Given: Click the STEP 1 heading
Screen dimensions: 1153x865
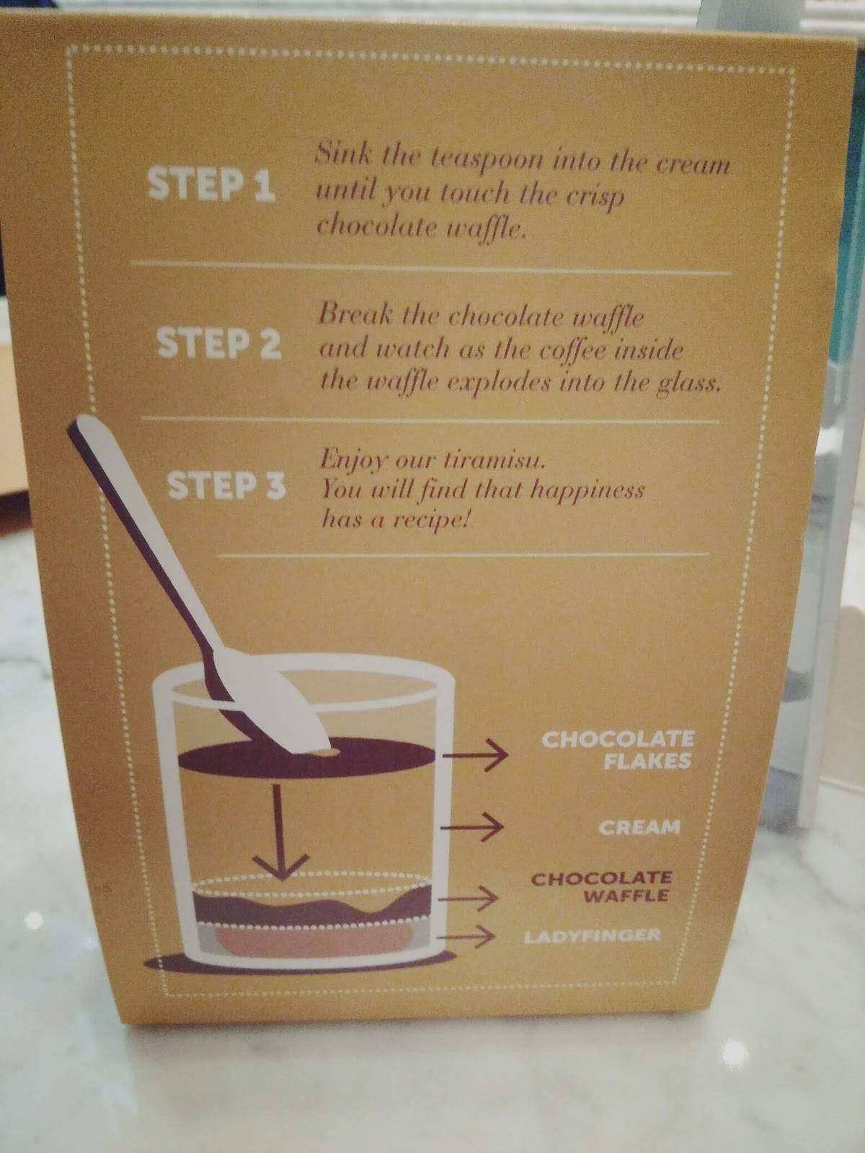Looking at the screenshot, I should (211, 184).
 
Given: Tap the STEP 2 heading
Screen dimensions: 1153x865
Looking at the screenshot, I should (218, 344).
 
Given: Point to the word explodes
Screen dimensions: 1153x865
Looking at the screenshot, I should (496, 383).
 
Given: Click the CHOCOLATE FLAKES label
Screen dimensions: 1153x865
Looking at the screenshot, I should (617, 749).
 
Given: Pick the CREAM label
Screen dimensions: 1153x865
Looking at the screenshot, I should (639, 827).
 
